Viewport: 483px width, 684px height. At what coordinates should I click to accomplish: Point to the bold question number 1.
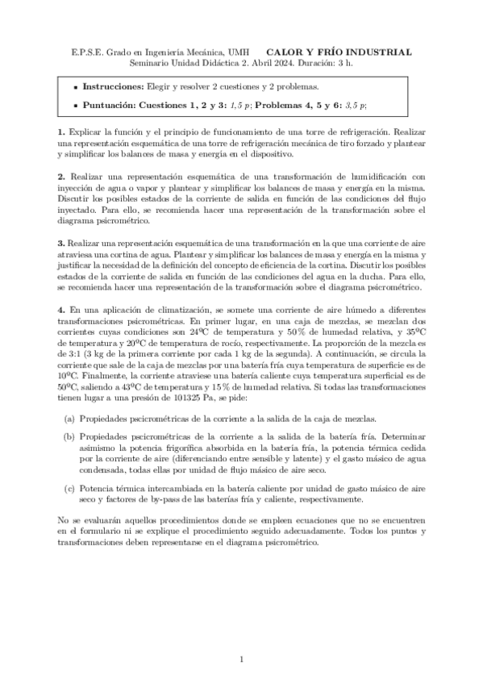click(60, 131)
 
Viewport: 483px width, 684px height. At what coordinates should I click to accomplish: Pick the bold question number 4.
click(60, 309)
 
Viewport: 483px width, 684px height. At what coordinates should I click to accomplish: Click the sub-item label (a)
click(69, 419)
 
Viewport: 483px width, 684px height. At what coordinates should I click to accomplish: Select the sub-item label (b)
click(69, 436)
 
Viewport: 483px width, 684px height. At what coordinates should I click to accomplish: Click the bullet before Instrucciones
click(75, 86)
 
